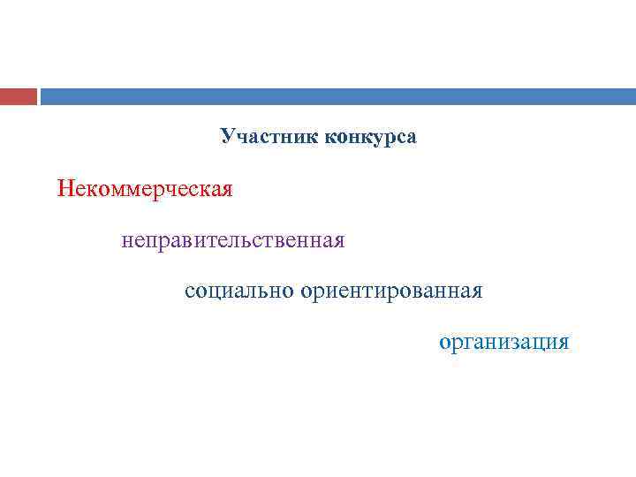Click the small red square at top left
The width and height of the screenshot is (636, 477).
pos(19,96)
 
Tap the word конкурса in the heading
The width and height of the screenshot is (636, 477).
pos(371,138)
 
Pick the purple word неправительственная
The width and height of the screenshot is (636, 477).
pos(233,240)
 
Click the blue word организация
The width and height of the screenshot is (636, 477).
pos(504,342)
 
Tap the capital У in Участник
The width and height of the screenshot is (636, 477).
pos(227,138)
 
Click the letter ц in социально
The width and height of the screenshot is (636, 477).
pos(215,291)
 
